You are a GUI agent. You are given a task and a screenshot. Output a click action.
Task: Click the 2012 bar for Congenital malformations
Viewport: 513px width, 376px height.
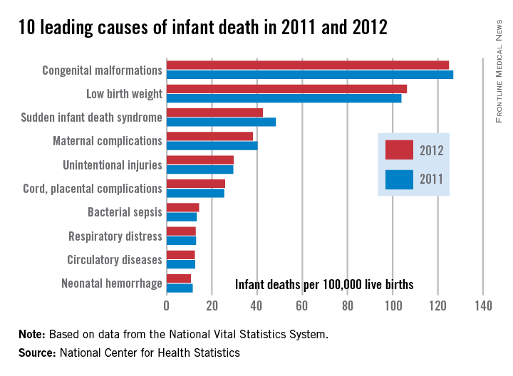tap(307, 65)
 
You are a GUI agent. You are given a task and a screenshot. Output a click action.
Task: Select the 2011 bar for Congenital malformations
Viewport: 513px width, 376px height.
tap(309, 74)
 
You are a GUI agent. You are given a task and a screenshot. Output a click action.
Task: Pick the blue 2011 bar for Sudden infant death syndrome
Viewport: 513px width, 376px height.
tap(221, 122)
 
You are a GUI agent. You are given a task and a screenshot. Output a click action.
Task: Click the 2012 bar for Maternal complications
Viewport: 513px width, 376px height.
tap(209, 136)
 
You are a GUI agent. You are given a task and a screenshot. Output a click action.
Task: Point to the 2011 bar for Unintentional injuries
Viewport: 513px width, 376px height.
tap(199, 169)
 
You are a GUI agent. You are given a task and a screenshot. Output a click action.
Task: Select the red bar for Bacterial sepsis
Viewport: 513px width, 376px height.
tap(182, 207)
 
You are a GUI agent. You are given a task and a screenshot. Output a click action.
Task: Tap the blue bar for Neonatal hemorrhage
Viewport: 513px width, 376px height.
tap(179, 288)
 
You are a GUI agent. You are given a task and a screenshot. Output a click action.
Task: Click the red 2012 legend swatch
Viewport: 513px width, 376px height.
tap(399, 150)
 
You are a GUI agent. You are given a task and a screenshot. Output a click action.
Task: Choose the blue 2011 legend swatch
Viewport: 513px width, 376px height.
tap(399, 179)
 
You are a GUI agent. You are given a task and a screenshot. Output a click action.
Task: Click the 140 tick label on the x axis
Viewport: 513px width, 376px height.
tap(483, 307)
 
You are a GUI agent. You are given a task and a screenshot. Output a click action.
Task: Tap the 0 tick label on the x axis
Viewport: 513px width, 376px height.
tap(167, 307)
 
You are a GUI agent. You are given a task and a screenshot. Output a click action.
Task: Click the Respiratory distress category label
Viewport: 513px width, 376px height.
tap(115, 236)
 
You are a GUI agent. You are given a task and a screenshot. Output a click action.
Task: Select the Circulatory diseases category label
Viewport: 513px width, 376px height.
tap(115, 260)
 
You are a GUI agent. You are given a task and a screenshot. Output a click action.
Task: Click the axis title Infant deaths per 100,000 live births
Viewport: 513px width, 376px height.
tap(324, 285)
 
